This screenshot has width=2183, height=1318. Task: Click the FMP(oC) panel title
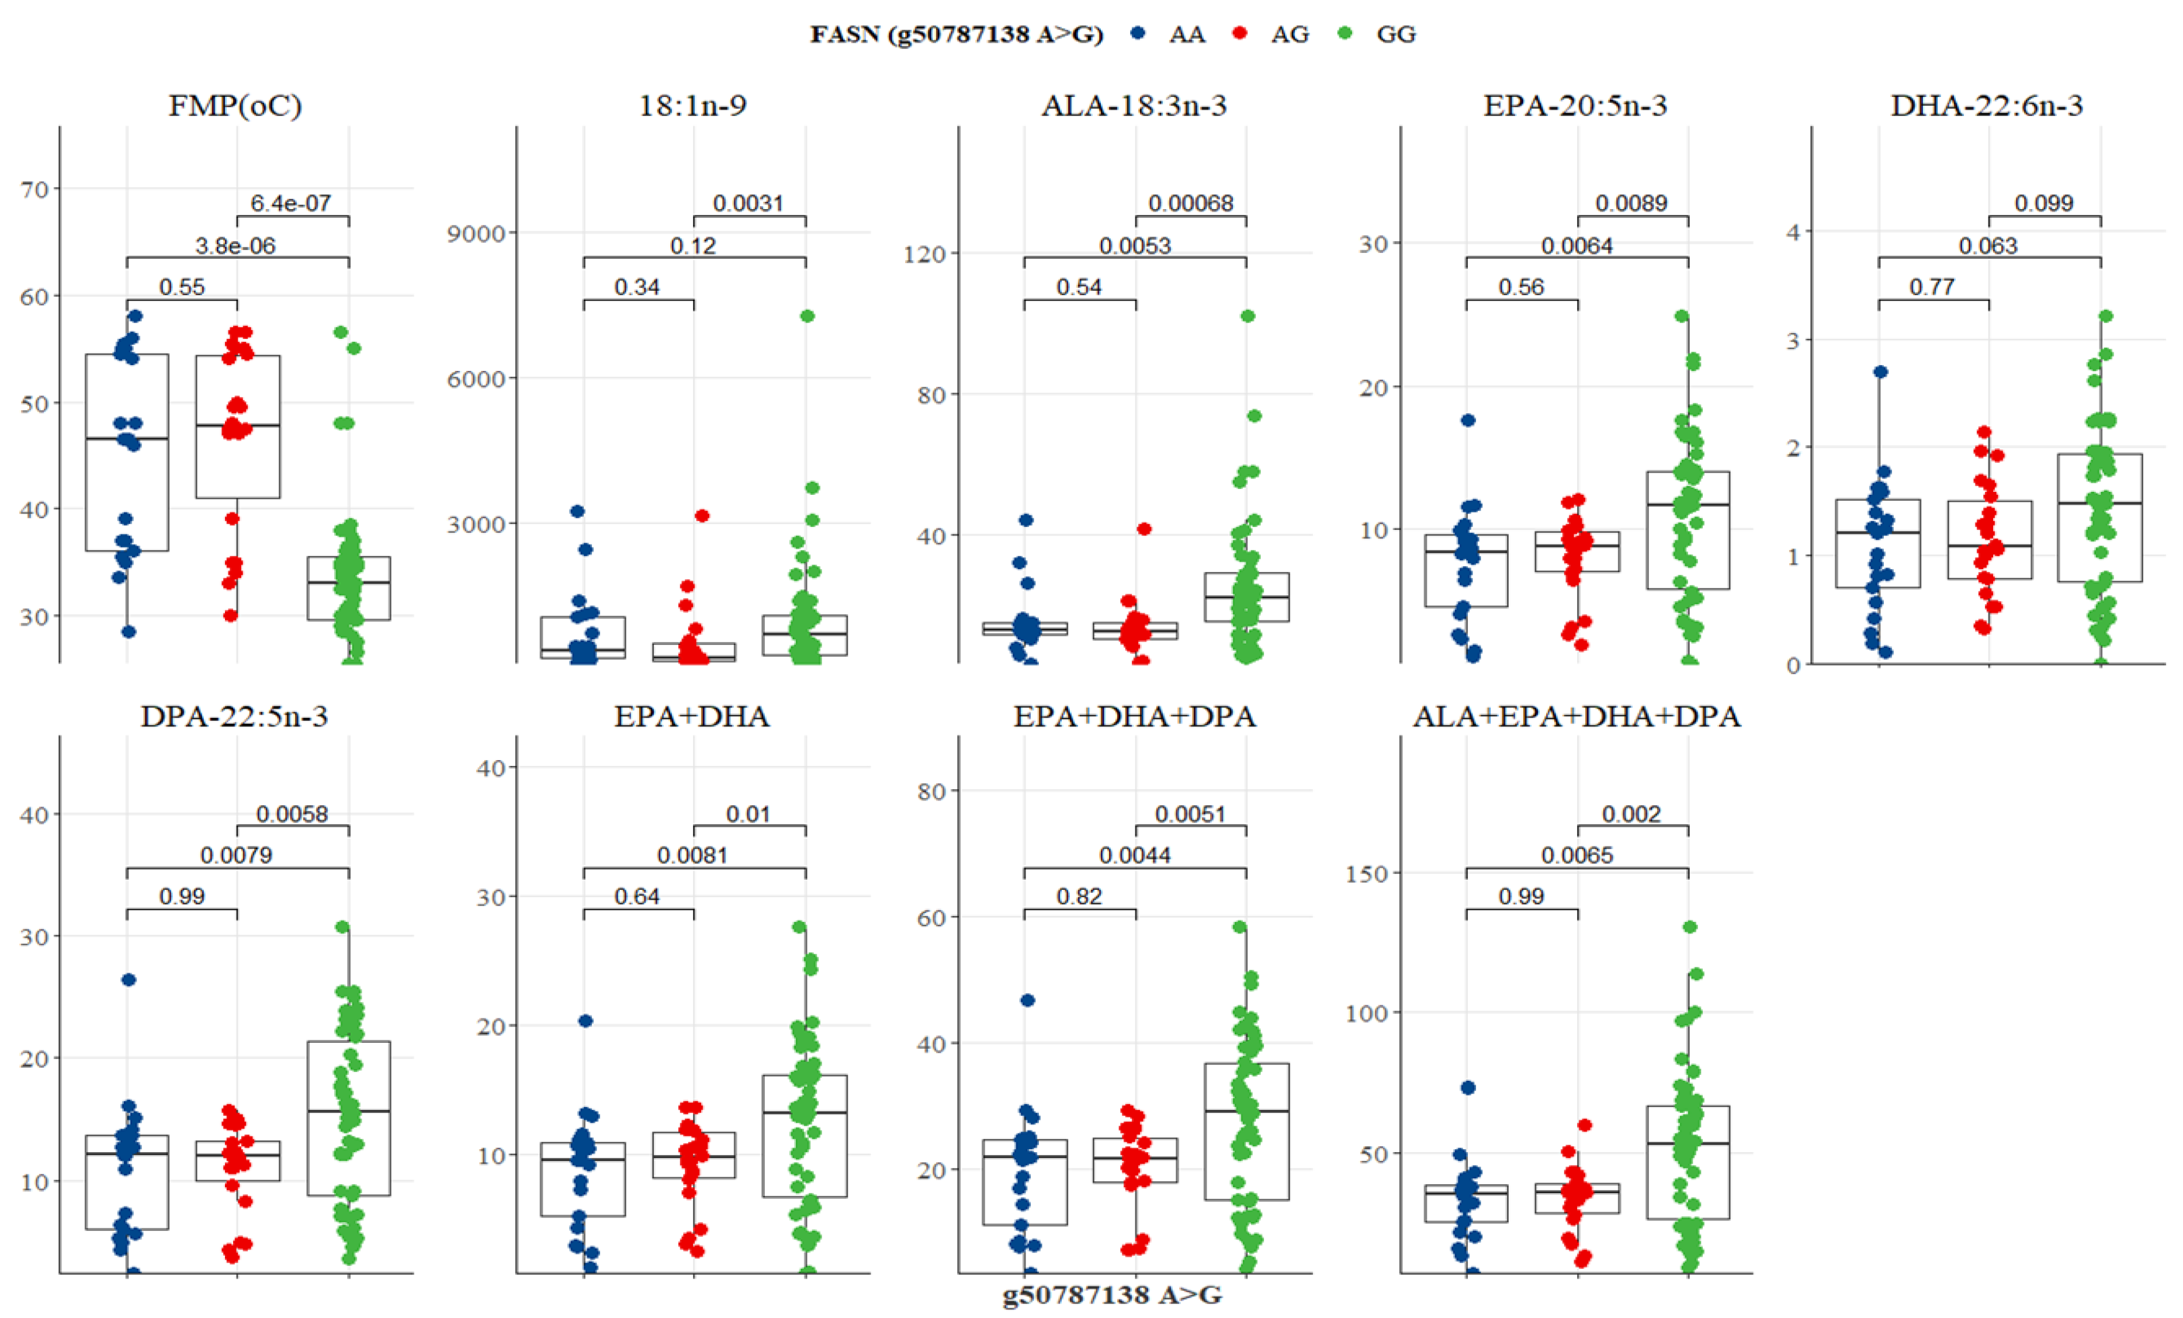click(235, 105)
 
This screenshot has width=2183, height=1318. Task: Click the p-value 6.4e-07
click(290, 203)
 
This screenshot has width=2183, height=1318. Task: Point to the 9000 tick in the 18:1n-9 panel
click(476, 233)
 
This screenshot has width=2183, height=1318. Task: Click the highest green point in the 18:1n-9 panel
click(807, 316)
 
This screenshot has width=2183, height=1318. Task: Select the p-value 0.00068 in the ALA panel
click(1191, 203)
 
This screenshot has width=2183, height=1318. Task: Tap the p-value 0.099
click(2044, 203)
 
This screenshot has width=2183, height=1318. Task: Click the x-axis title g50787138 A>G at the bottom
click(1112, 1295)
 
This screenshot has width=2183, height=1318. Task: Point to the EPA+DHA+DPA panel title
click(1134, 716)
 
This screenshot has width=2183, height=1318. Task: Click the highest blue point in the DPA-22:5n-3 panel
click(129, 980)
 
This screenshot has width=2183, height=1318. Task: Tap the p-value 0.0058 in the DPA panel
click(292, 813)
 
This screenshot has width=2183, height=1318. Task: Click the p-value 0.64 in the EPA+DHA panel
click(637, 896)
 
